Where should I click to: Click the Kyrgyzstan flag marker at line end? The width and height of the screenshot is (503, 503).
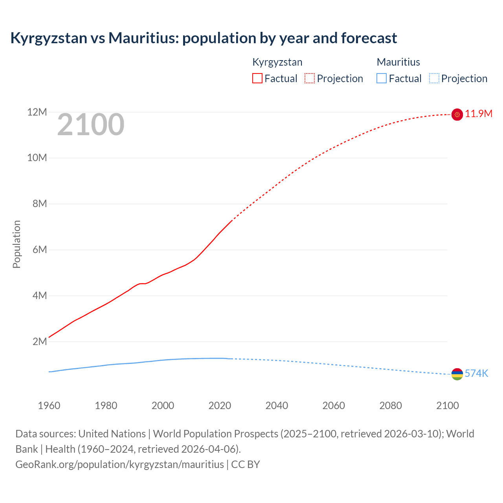457,114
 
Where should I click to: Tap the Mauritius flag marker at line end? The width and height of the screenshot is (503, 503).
457,374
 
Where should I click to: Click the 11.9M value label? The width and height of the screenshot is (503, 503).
479,114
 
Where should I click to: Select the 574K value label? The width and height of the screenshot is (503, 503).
476,374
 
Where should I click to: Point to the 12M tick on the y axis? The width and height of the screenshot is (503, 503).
37,112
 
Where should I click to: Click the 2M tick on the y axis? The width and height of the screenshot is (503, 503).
40,341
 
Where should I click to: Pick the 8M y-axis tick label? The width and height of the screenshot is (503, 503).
40,204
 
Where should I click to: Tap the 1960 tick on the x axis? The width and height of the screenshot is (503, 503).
49,406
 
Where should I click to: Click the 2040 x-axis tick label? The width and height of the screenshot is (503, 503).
277,406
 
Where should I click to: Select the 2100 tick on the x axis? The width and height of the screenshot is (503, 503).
447,406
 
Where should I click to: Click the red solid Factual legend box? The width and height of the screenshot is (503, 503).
257,79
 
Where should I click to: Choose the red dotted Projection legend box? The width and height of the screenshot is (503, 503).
310,79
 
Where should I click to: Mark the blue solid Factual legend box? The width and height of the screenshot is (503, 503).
382,79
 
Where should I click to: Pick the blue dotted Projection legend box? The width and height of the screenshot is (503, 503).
434,79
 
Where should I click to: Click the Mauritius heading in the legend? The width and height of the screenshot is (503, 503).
398,62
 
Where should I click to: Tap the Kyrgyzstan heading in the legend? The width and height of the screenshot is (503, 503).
277,62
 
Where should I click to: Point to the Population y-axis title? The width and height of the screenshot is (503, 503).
17,244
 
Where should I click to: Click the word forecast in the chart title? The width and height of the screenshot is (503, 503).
369,38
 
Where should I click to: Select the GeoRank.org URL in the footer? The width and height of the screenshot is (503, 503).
119,464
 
